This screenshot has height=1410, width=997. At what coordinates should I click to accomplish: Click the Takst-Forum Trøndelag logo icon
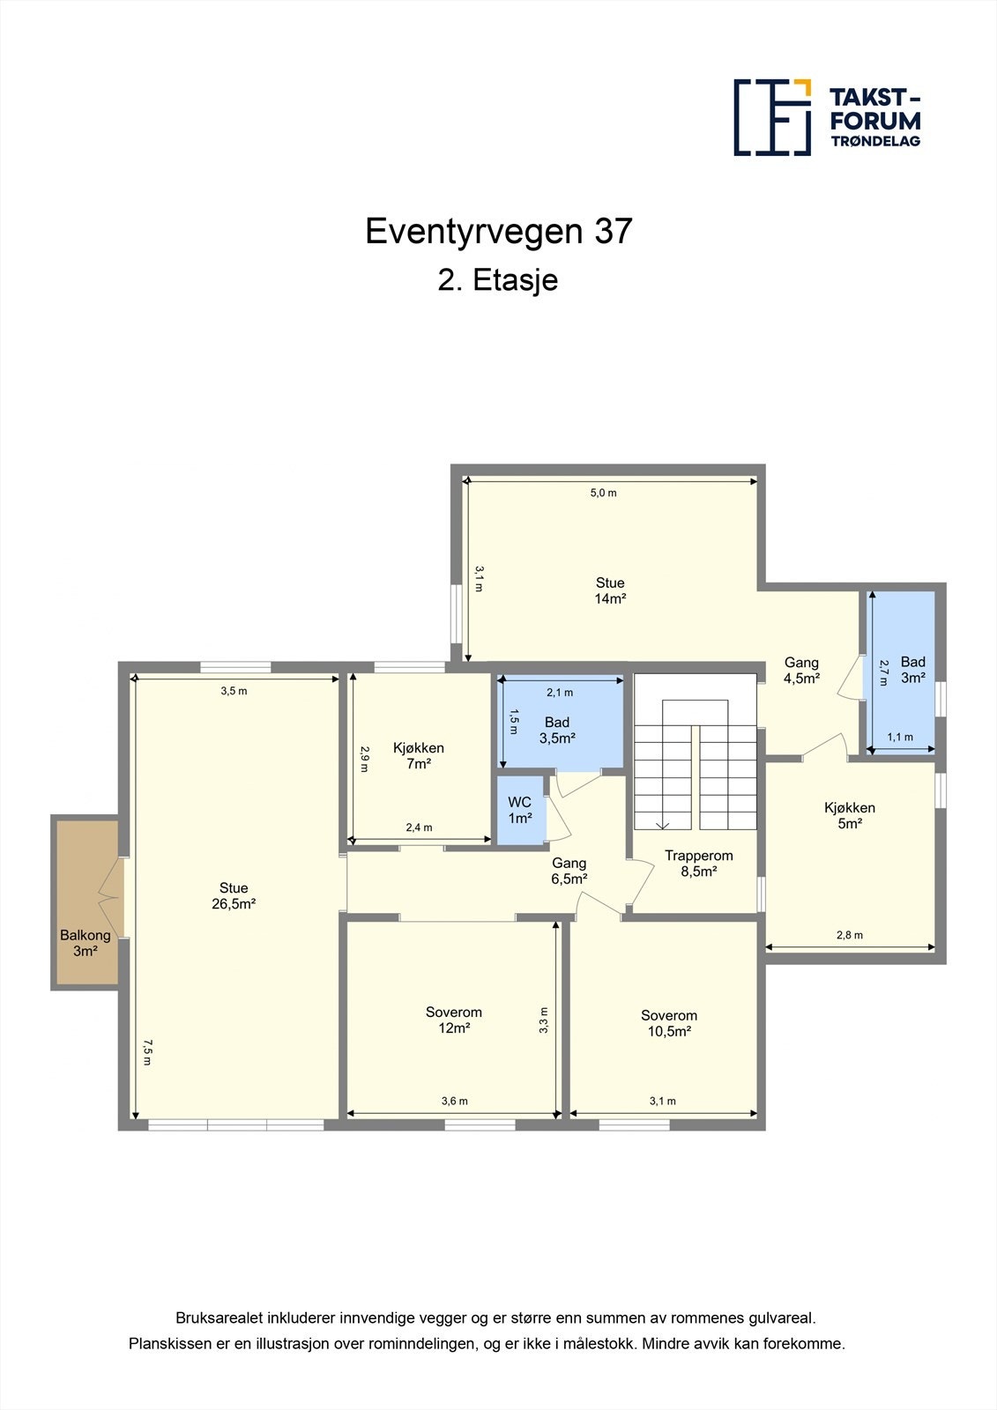point(772,117)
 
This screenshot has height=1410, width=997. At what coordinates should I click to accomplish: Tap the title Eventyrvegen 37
point(498,231)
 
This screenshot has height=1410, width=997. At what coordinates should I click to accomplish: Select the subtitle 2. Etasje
point(498,280)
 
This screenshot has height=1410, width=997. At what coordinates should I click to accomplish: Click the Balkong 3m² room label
point(85,943)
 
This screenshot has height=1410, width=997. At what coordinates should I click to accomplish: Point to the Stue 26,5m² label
point(234,895)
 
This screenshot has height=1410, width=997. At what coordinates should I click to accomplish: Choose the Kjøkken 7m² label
point(419,755)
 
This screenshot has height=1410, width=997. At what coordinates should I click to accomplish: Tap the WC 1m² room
point(520,810)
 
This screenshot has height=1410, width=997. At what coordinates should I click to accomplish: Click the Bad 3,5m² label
point(557,731)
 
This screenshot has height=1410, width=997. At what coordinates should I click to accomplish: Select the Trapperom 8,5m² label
point(699,864)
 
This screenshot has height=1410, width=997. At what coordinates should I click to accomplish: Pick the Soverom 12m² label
point(453,1020)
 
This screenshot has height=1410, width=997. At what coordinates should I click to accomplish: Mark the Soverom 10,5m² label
point(669,1023)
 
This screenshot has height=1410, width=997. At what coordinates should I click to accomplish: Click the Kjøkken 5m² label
point(850,815)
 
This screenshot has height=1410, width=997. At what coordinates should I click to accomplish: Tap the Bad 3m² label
point(913,669)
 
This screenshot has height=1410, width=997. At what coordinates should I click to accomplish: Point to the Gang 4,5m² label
point(802,670)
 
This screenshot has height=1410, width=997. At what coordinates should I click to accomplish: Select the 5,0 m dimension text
point(603,493)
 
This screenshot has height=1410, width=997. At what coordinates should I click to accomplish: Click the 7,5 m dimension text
point(147,1052)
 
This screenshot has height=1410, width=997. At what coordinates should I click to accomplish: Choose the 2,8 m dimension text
point(850,935)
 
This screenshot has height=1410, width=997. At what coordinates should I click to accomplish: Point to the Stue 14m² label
point(610,590)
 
